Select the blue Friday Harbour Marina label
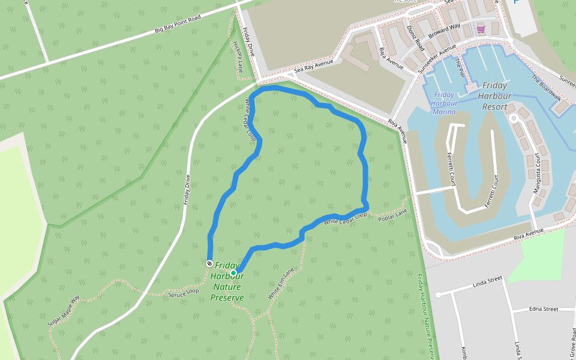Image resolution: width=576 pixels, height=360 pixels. [444, 103]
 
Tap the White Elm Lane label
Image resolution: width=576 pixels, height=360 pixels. [281, 284]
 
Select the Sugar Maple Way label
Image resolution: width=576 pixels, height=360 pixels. [64, 311]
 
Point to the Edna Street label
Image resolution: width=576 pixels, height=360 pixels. [543, 309]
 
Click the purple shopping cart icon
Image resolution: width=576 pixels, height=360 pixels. [480, 29]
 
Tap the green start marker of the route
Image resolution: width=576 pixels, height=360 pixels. [233, 273]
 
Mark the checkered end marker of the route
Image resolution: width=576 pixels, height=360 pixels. [209, 263]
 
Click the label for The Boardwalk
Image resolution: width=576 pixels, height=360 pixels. [545, 88]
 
